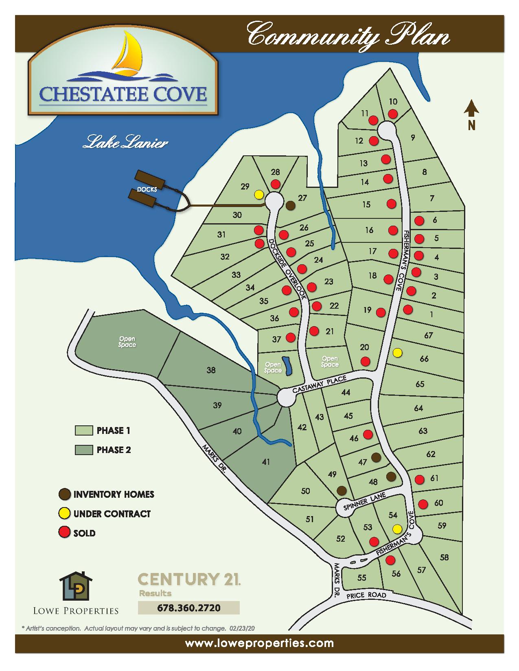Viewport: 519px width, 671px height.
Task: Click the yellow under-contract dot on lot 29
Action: (258, 194)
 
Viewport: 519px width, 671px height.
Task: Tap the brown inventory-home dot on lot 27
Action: (290, 206)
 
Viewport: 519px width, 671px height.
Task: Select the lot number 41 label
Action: (266, 462)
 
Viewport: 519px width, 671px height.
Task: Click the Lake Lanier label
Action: (125, 144)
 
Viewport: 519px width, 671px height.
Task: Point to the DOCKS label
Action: (147, 190)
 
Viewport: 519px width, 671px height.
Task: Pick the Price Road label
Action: (366, 595)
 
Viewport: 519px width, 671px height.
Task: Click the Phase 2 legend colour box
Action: (83, 450)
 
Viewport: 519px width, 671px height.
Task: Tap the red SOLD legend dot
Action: (64, 533)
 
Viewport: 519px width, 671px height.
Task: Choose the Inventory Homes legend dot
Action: (64, 494)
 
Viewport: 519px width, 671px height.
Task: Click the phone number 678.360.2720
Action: (189, 608)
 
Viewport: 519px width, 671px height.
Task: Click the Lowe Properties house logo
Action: (76, 586)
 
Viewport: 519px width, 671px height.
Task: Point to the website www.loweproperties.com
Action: (259, 643)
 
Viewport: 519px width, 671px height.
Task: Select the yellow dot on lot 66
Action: (398, 353)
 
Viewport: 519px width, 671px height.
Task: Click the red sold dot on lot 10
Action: (392, 113)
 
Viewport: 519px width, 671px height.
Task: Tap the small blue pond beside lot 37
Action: (288, 366)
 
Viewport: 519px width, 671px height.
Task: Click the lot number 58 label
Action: (444, 557)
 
